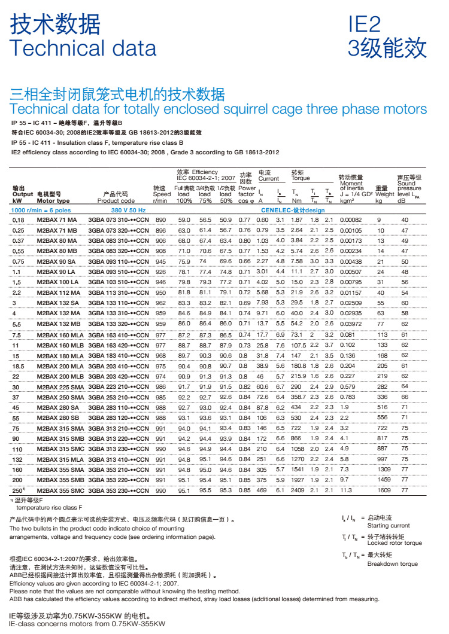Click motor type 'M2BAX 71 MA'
[x=57, y=221]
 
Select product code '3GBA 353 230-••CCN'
[x=118, y=490]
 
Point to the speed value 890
[x=160, y=221]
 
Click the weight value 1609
[x=383, y=490]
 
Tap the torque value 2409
[x=298, y=490]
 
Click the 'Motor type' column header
[x=53, y=201]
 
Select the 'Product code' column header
[x=116, y=201]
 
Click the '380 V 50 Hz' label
[x=128, y=211]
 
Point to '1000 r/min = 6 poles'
[x=41, y=211]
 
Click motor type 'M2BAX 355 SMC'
[x=60, y=490]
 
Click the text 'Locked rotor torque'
[x=395, y=543]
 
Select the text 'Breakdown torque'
[x=392, y=563]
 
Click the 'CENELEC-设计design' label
[x=293, y=211]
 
